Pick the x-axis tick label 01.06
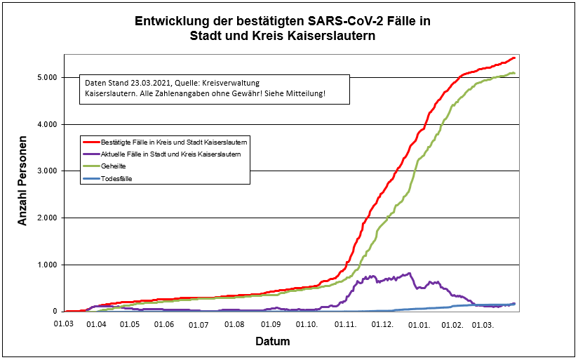[x=164, y=324]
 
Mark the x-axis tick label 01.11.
[x=346, y=324]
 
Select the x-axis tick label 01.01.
[x=419, y=324]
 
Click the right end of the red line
[x=514, y=58]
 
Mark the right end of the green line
[x=514, y=73]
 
